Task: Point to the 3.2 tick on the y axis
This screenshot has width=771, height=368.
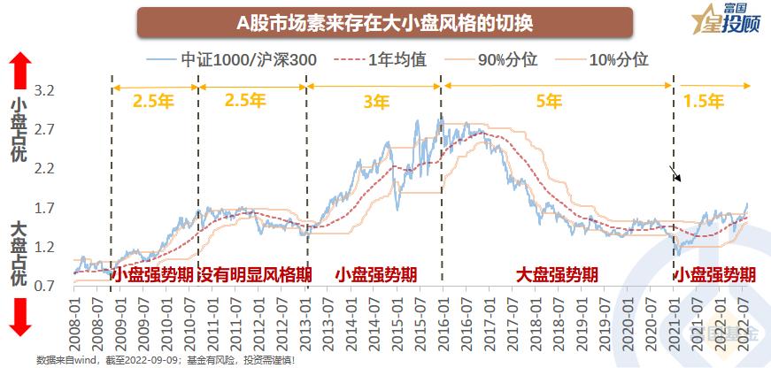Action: click(45, 90)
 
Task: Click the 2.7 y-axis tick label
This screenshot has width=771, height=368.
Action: click(45, 129)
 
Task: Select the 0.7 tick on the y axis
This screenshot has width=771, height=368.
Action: click(45, 287)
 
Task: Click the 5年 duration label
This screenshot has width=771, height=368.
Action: click(549, 100)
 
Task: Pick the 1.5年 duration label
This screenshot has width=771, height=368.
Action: click(700, 100)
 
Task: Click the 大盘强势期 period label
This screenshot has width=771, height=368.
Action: click(558, 275)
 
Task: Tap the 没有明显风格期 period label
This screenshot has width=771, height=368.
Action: click(253, 275)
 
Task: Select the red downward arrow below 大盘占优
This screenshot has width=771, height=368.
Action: click(22, 316)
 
